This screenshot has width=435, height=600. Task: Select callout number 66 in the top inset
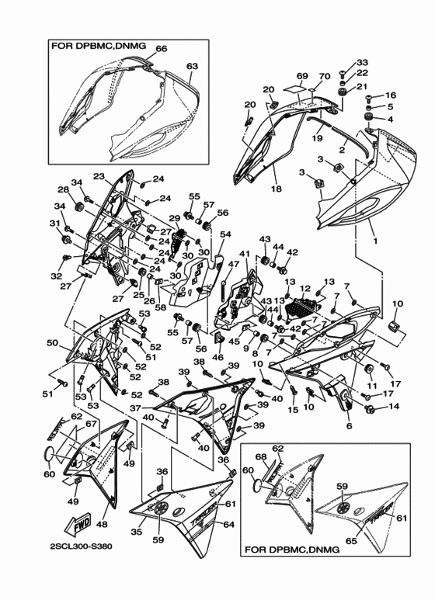click(161, 48)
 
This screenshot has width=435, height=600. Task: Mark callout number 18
click(277, 188)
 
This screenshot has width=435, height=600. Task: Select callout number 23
click(99, 176)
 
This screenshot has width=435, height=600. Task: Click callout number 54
click(225, 234)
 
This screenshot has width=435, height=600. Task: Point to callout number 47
click(231, 265)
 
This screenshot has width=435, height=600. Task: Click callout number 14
click(393, 407)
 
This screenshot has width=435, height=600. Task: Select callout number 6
click(349, 426)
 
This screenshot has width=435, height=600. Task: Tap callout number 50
click(52, 342)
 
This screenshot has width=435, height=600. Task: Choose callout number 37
click(135, 408)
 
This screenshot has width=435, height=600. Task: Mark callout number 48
click(100, 525)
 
